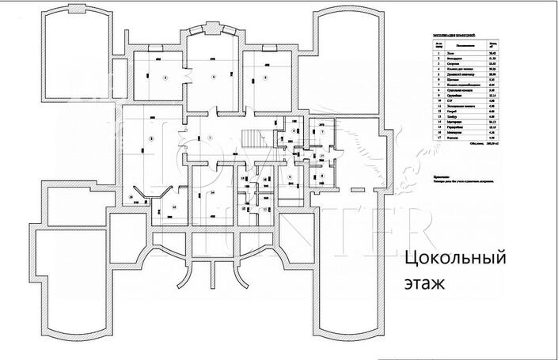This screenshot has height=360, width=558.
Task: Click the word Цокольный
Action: coord(455,259)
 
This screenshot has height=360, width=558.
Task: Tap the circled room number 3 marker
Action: coord(165,78)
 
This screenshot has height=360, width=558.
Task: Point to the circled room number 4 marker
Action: coord(214,78)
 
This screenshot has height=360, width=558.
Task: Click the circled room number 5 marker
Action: coord(266,78)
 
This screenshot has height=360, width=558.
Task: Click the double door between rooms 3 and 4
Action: coord(187,77)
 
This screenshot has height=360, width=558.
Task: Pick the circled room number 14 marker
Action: coord(212,192)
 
